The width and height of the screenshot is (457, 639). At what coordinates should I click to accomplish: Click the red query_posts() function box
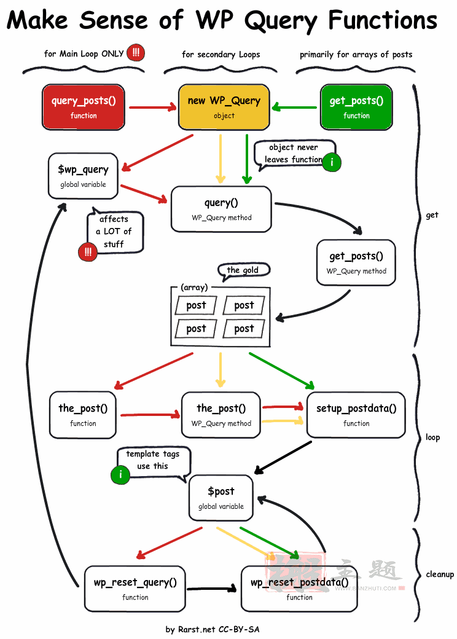(x=84, y=107)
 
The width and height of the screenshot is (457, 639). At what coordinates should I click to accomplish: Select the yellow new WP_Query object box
(x=224, y=107)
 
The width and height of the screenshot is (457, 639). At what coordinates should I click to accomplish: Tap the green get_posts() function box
(x=356, y=107)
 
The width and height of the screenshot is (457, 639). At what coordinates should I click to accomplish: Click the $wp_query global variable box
(x=83, y=176)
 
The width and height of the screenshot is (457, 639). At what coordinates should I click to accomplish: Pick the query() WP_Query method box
(x=222, y=209)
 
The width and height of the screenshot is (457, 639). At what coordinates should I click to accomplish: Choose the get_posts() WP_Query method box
(x=356, y=262)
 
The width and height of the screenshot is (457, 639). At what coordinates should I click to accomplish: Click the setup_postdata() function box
(x=356, y=415)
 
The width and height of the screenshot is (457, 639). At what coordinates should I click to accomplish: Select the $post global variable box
(x=221, y=498)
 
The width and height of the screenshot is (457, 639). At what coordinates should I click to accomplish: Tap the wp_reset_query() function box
(x=135, y=589)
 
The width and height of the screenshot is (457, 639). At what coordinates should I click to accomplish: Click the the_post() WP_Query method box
(x=221, y=415)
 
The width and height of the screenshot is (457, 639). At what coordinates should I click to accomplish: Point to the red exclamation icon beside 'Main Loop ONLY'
(x=136, y=53)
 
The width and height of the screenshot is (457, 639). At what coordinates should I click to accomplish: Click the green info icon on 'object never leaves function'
(x=332, y=162)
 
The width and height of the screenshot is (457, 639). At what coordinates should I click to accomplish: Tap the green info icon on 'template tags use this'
(x=120, y=474)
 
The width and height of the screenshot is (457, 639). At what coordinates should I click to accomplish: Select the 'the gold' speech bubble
(x=244, y=270)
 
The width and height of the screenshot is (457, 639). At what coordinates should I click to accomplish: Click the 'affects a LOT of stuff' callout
(x=115, y=232)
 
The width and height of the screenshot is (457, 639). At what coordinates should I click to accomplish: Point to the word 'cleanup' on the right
(x=440, y=574)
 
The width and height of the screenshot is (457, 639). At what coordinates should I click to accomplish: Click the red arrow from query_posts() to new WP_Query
(x=153, y=108)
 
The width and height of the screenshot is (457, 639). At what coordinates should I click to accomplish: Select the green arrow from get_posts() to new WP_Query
(x=294, y=107)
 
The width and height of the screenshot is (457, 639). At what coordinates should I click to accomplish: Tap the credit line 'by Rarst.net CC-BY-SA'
(x=213, y=630)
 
